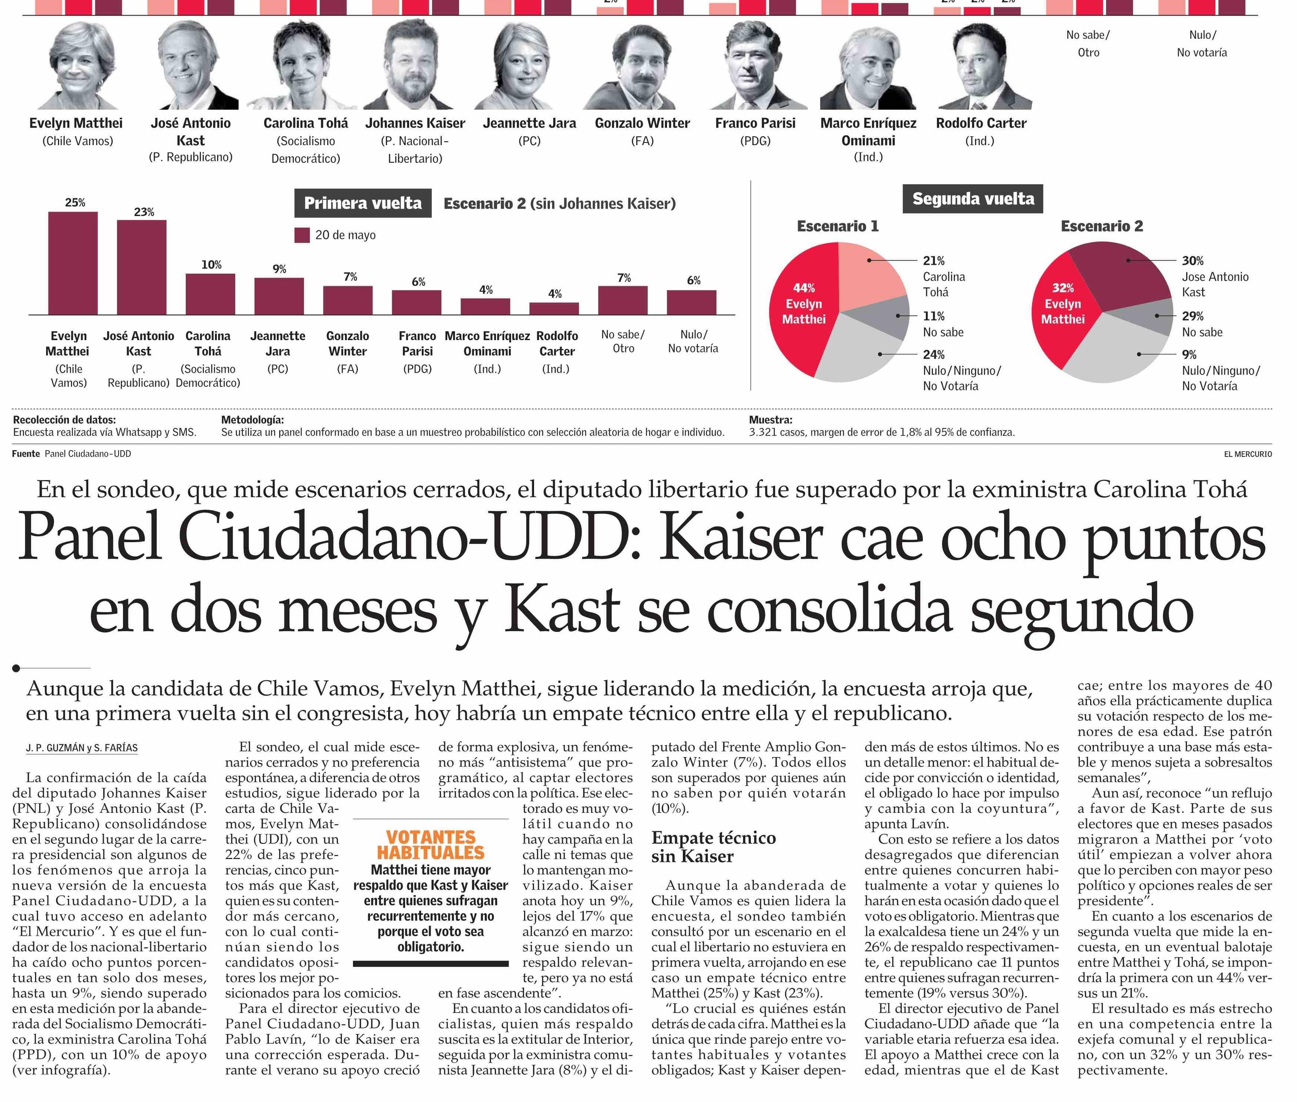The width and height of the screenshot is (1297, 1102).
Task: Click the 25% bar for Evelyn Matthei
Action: pyautogui.click(x=73, y=263)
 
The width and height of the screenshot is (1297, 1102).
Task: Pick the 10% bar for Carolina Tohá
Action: pyautogui.click(x=211, y=294)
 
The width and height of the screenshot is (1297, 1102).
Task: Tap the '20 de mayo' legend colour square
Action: pyautogui.click(x=302, y=236)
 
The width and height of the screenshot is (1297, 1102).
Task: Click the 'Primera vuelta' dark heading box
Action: pyautogui.click(x=363, y=203)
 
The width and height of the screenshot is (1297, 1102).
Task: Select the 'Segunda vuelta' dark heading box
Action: pyautogui.click(x=973, y=199)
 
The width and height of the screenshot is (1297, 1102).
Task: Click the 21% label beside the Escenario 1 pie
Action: pyautogui.click(x=933, y=260)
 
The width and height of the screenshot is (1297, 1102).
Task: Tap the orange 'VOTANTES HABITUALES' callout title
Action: pyautogui.click(x=431, y=845)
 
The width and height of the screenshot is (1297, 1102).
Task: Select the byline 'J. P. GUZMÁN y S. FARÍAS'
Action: pyautogui.click(x=82, y=748)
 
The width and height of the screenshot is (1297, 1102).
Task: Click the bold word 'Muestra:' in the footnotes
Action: pyautogui.click(x=770, y=420)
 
